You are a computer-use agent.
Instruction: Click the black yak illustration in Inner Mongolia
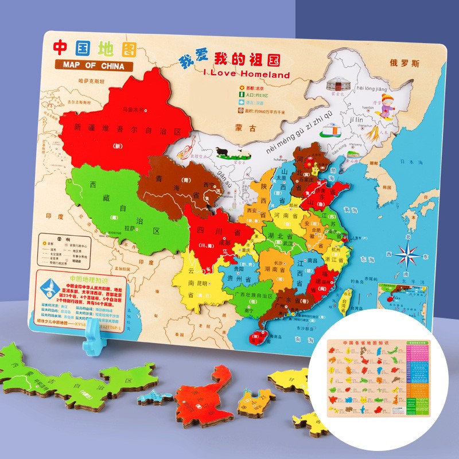click(224, 153)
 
